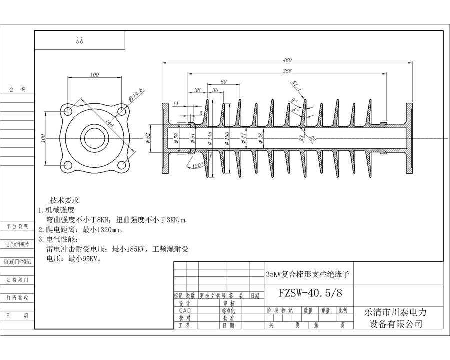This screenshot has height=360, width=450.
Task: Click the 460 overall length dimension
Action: [287, 59]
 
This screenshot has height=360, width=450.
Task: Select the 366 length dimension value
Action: [287, 71]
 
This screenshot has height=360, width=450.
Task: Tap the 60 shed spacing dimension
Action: [223, 81]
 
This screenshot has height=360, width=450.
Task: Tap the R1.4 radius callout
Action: [297, 87]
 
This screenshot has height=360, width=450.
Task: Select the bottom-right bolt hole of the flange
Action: [120, 165]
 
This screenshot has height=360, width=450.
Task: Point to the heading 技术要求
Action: [65, 200]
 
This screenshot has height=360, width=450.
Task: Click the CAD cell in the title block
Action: [184, 310]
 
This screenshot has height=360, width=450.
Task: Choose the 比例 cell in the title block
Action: [343, 310]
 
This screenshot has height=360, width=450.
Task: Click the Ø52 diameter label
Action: [149, 137]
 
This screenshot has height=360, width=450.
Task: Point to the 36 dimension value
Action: [198, 90]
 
